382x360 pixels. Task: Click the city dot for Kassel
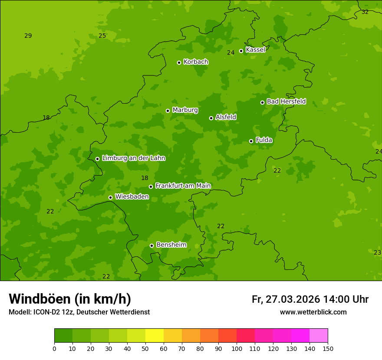pos(241,51)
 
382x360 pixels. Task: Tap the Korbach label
pos(196,62)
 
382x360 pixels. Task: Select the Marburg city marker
pos(168,111)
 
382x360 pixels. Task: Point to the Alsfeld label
pos(226,117)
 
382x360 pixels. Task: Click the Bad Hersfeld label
pos(286,101)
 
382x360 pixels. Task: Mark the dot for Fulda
pos(251,141)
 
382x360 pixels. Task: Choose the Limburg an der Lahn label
pos(133,158)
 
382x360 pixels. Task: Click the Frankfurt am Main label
pos(183,186)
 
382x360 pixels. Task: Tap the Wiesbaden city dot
pos(110,197)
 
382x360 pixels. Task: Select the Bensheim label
pos(171,245)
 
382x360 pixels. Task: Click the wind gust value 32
pos(365,12)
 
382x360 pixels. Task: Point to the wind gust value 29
pos(28,36)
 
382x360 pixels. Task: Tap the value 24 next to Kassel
pos(231,52)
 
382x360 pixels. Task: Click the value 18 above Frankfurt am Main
pos(145,178)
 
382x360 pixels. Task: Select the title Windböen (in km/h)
pos(70,299)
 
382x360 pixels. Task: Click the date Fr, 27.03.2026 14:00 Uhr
pos(310,299)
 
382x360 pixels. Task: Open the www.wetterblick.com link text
pos(313,312)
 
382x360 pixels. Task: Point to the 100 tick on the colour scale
pos(237,348)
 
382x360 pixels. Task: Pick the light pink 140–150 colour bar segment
pos(319,336)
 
